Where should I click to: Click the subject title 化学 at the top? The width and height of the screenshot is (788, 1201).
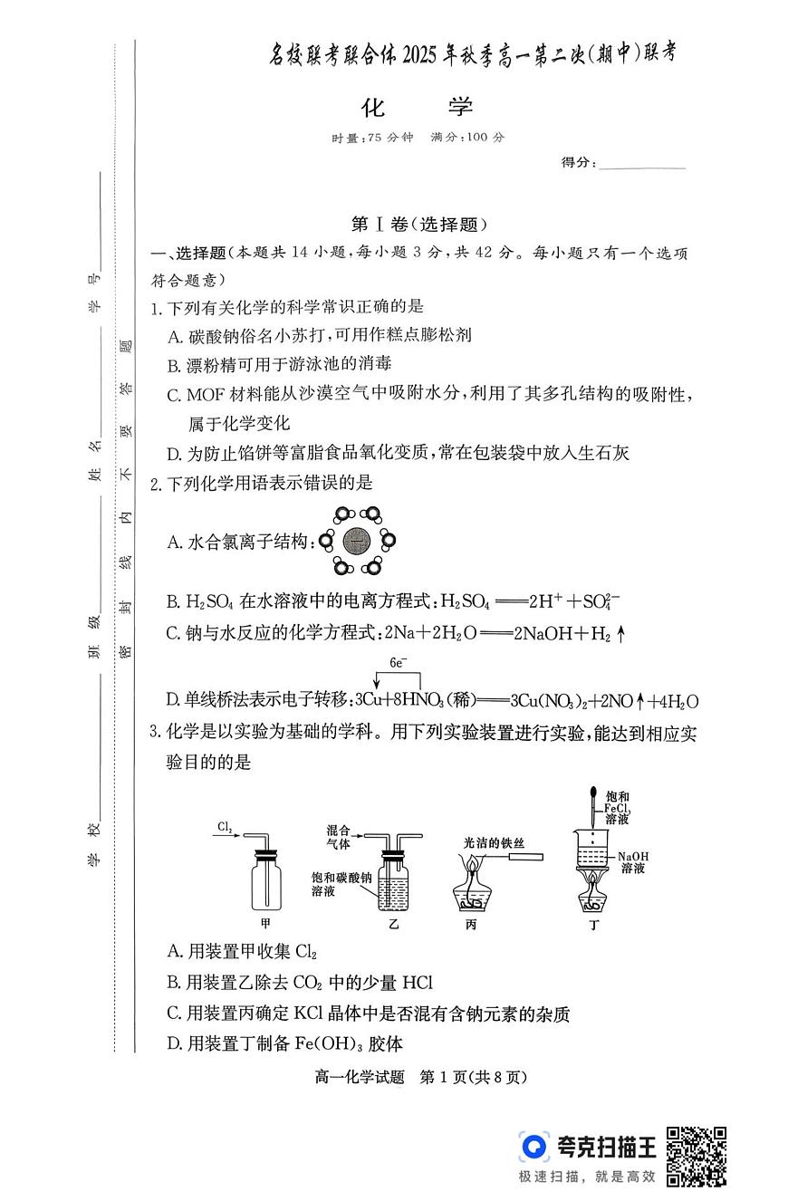(418, 107)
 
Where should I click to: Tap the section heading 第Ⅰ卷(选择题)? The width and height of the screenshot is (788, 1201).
(418, 225)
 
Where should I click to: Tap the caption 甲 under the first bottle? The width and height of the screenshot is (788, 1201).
(265, 924)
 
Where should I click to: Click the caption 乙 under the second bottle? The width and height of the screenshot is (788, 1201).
(393, 924)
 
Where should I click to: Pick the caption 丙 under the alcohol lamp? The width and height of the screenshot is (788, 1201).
(470, 924)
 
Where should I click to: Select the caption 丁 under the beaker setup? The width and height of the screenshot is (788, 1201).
(594, 924)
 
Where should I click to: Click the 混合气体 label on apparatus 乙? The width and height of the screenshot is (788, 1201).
(338, 836)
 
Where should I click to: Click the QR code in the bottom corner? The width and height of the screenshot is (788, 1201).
(697, 1156)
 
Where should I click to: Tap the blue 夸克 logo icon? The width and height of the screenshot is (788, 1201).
(534, 1147)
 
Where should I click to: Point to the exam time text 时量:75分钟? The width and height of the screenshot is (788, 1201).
(372, 138)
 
